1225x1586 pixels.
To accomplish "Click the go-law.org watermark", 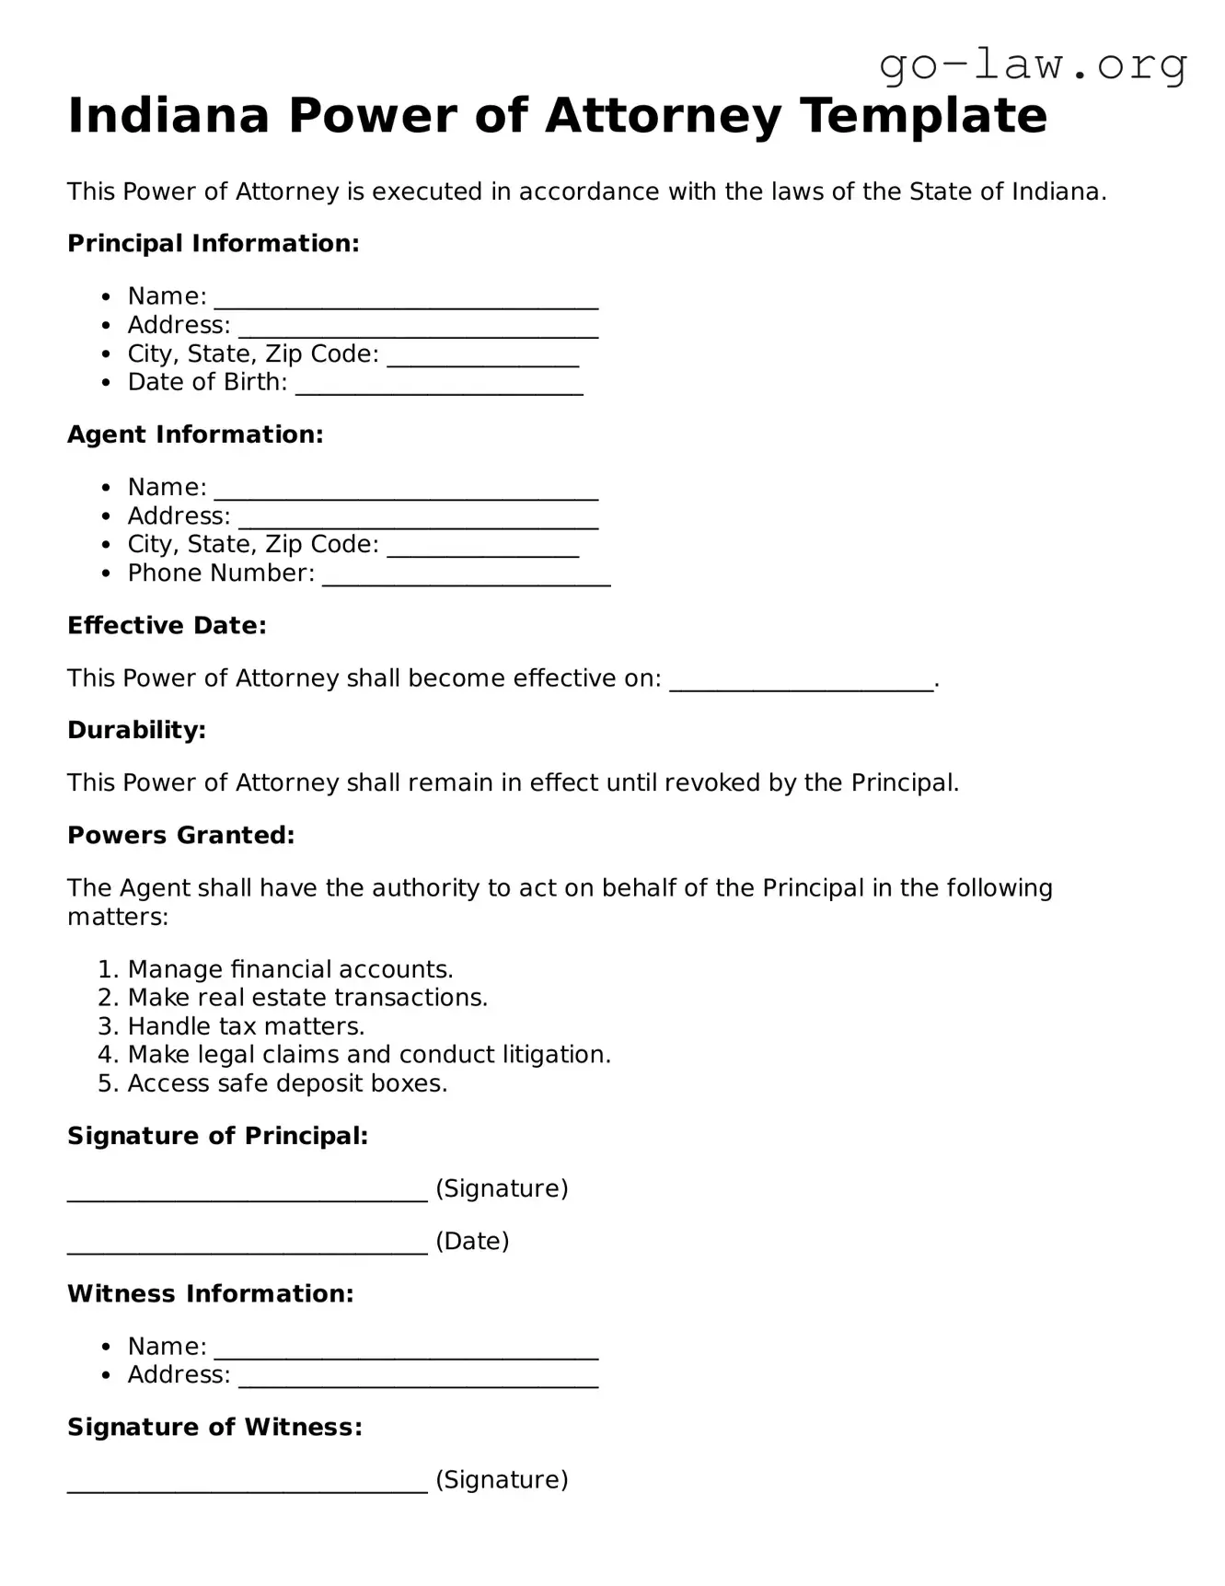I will [1033, 65].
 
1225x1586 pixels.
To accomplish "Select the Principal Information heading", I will [213, 244].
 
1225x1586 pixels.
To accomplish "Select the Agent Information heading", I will [195, 434].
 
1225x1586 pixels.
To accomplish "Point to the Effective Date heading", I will [167, 626].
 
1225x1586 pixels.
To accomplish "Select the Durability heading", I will [136, 731].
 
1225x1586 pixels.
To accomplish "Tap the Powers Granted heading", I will [180, 836].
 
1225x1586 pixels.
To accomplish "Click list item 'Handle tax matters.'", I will [246, 1026].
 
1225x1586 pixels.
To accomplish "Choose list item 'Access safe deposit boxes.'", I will [287, 1083].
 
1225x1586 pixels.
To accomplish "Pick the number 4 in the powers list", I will [106, 1055].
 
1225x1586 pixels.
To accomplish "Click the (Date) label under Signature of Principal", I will [472, 1242].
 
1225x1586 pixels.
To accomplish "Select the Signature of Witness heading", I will [214, 1428].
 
